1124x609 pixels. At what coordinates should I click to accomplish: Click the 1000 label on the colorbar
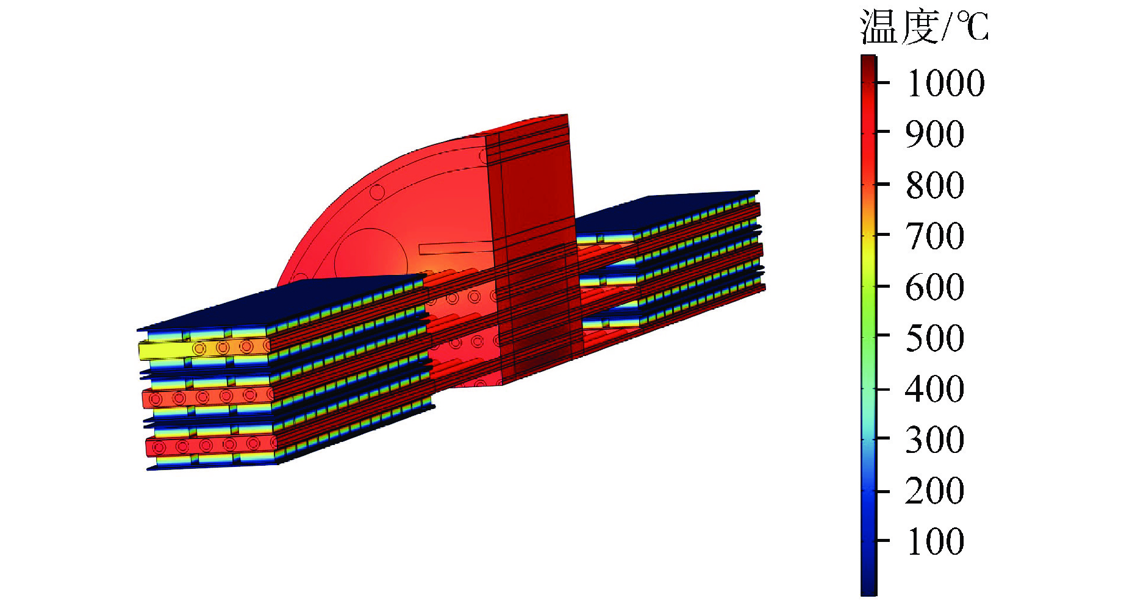pyautogui.click(x=946, y=83)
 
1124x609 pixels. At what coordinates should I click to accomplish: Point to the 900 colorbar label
pyautogui.click(x=936, y=134)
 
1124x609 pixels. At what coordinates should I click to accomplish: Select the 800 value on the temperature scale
pyautogui.click(x=936, y=185)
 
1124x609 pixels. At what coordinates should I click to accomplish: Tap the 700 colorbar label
pyautogui.click(x=936, y=236)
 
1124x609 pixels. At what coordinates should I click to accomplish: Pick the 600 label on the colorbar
pyautogui.click(x=936, y=287)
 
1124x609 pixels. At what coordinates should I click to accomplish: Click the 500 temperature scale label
pyautogui.click(x=936, y=338)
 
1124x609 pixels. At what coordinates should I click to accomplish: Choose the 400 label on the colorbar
pyautogui.click(x=936, y=389)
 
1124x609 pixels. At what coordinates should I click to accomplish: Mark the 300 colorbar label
pyautogui.click(x=936, y=440)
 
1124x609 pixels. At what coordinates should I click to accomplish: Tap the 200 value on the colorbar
pyautogui.click(x=936, y=491)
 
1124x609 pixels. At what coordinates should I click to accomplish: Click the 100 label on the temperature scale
pyautogui.click(x=936, y=541)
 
